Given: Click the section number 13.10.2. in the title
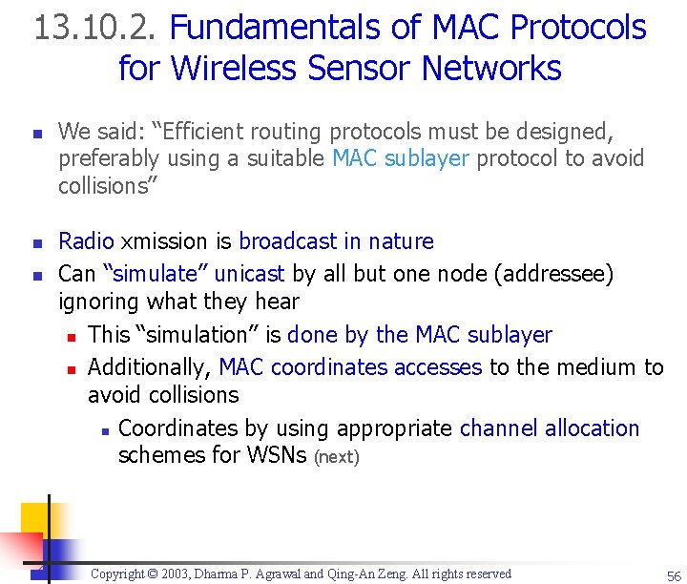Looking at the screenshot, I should point(96,28).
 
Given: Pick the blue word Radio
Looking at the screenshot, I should point(86,241).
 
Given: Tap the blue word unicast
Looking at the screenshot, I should point(250,274).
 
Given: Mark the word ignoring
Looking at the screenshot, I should point(98,302).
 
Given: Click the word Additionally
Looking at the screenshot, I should point(150,367).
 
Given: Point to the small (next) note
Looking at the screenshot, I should point(337,457).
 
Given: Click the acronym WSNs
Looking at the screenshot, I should point(276,456).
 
